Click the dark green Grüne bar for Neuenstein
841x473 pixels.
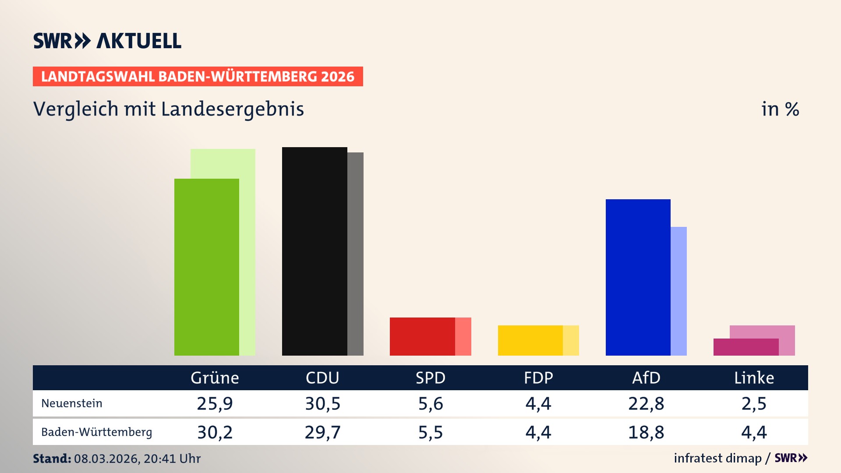[x=207, y=267]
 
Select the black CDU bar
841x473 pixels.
[x=314, y=251]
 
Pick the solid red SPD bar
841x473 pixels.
[x=422, y=336]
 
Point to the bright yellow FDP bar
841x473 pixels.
[x=530, y=340]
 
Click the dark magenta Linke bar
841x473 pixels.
[x=746, y=347]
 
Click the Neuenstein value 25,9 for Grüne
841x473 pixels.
[x=215, y=403]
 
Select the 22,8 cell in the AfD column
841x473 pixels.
[x=646, y=403]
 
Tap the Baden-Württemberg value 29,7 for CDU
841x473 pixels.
[x=322, y=432]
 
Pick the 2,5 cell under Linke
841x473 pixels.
[x=754, y=403]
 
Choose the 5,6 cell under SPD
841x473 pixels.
[x=431, y=403]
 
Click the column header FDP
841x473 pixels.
[x=538, y=378]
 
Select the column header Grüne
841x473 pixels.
[x=215, y=378]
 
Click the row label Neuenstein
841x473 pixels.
[x=72, y=403]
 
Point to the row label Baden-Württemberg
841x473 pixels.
[x=97, y=432]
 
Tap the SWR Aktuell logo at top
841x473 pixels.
[x=107, y=41]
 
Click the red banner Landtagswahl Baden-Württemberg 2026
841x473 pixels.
[x=198, y=77]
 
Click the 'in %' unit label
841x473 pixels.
[x=780, y=109]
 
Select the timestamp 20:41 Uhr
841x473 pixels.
[x=172, y=459]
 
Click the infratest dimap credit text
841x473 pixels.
[x=717, y=458]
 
